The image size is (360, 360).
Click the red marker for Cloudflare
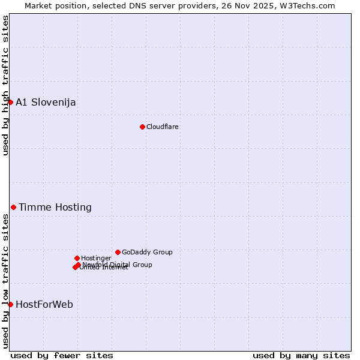pyautogui.click(x=142, y=127)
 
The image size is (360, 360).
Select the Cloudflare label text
pyautogui.click(x=163, y=127)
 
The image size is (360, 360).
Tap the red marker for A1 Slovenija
pyautogui.click(x=10, y=102)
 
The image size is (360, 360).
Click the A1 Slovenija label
pyautogui.click(x=46, y=102)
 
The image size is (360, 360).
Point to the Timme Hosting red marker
pyautogui.click(x=13, y=207)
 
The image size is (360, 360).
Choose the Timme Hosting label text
pyautogui.click(x=55, y=207)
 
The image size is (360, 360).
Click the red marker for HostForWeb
pyautogui.click(x=10, y=304)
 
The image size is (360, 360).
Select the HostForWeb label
pyautogui.click(x=44, y=304)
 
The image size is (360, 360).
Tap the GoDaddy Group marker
pyautogui.click(x=118, y=252)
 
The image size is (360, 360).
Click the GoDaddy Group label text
pyautogui.click(x=147, y=252)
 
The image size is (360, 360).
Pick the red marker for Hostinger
pyautogui.click(x=77, y=258)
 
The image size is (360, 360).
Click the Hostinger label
pyautogui.click(x=96, y=258)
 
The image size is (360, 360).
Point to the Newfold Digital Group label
pyautogui.click(x=118, y=264)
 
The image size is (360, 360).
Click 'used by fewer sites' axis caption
pyautogui.click(x=62, y=355)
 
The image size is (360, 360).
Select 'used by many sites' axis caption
pyautogui.click(x=301, y=355)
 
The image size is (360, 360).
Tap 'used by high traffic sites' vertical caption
pyautogui.click(x=5, y=85)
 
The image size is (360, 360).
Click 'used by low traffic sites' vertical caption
pyautogui.click(x=5, y=280)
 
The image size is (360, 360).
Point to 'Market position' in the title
pyautogui.click(x=52, y=5)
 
